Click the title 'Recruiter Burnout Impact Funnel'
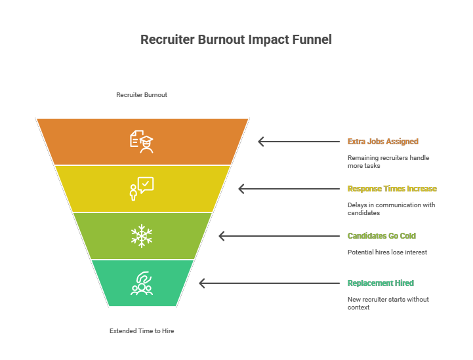(x=236, y=40)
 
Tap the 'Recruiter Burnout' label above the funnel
(x=142, y=95)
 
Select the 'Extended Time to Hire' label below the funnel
(x=142, y=331)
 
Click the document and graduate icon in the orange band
(x=142, y=141)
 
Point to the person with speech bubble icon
(x=142, y=188)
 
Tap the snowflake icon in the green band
(x=142, y=236)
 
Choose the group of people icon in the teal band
(x=142, y=283)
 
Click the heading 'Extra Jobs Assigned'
(x=382, y=142)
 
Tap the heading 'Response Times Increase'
(x=392, y=189)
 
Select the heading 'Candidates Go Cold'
(x=381, y=236)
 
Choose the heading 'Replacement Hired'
(x=380, y=283)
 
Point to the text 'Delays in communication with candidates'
(x=392, y=209)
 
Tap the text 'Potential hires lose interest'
(x=388, y=252)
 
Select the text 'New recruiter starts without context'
(x=388, y=304)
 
